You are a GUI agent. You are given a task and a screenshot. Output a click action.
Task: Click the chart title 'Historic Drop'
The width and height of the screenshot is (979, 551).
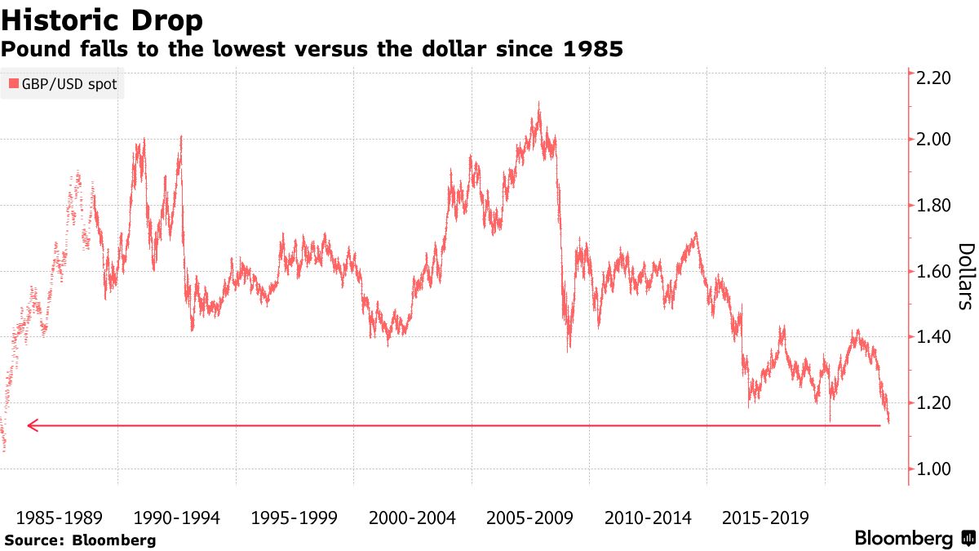click(103, 19)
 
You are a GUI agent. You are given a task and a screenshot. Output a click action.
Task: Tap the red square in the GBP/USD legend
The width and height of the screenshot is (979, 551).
click(13, 84)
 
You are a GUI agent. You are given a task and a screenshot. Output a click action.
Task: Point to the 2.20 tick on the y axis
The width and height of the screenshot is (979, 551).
click(935, 78)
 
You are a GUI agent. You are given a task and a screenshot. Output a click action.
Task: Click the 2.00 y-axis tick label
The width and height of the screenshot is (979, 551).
click(935, 140)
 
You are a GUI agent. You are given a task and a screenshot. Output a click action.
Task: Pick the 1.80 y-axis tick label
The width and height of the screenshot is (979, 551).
click(935, 206)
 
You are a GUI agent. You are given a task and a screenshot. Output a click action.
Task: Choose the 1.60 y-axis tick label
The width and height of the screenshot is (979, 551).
click(935, 272)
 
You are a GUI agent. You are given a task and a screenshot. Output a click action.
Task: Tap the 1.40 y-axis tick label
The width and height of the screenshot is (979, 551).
click(935, 337)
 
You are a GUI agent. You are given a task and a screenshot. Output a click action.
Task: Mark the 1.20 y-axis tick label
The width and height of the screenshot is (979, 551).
click(935, 403)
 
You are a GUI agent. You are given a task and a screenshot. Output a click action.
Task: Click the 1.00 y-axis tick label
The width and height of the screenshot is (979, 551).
click(935, 469)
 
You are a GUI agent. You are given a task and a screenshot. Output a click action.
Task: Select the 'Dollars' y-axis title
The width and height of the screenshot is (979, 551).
click(966, 277)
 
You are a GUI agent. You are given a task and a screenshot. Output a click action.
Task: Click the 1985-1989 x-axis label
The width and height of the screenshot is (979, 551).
click(59, 518)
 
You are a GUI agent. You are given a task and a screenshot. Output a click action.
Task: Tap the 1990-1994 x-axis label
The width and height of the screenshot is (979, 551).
click(176, 518)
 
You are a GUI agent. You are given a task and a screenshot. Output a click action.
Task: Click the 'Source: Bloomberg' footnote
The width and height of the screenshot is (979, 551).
click(80, 540)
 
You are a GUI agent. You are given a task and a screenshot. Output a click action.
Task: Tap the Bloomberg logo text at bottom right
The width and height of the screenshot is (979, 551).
click(904, 539)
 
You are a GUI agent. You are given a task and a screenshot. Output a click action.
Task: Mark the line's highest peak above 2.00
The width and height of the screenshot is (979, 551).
click(538, 104)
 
